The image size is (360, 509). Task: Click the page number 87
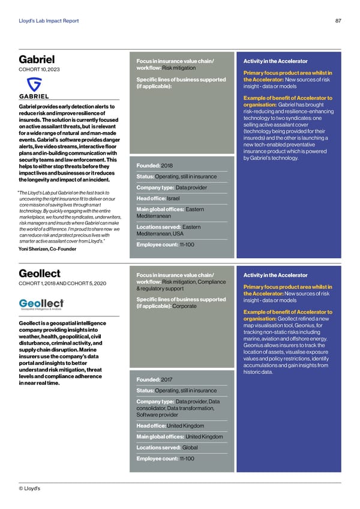click(338, 22)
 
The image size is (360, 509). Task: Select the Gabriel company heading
click(37, 59)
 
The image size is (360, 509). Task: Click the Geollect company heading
click(40, 273)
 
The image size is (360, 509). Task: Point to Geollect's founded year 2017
click(166, 379)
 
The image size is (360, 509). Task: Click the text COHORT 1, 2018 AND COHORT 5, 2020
click(63, 283)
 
